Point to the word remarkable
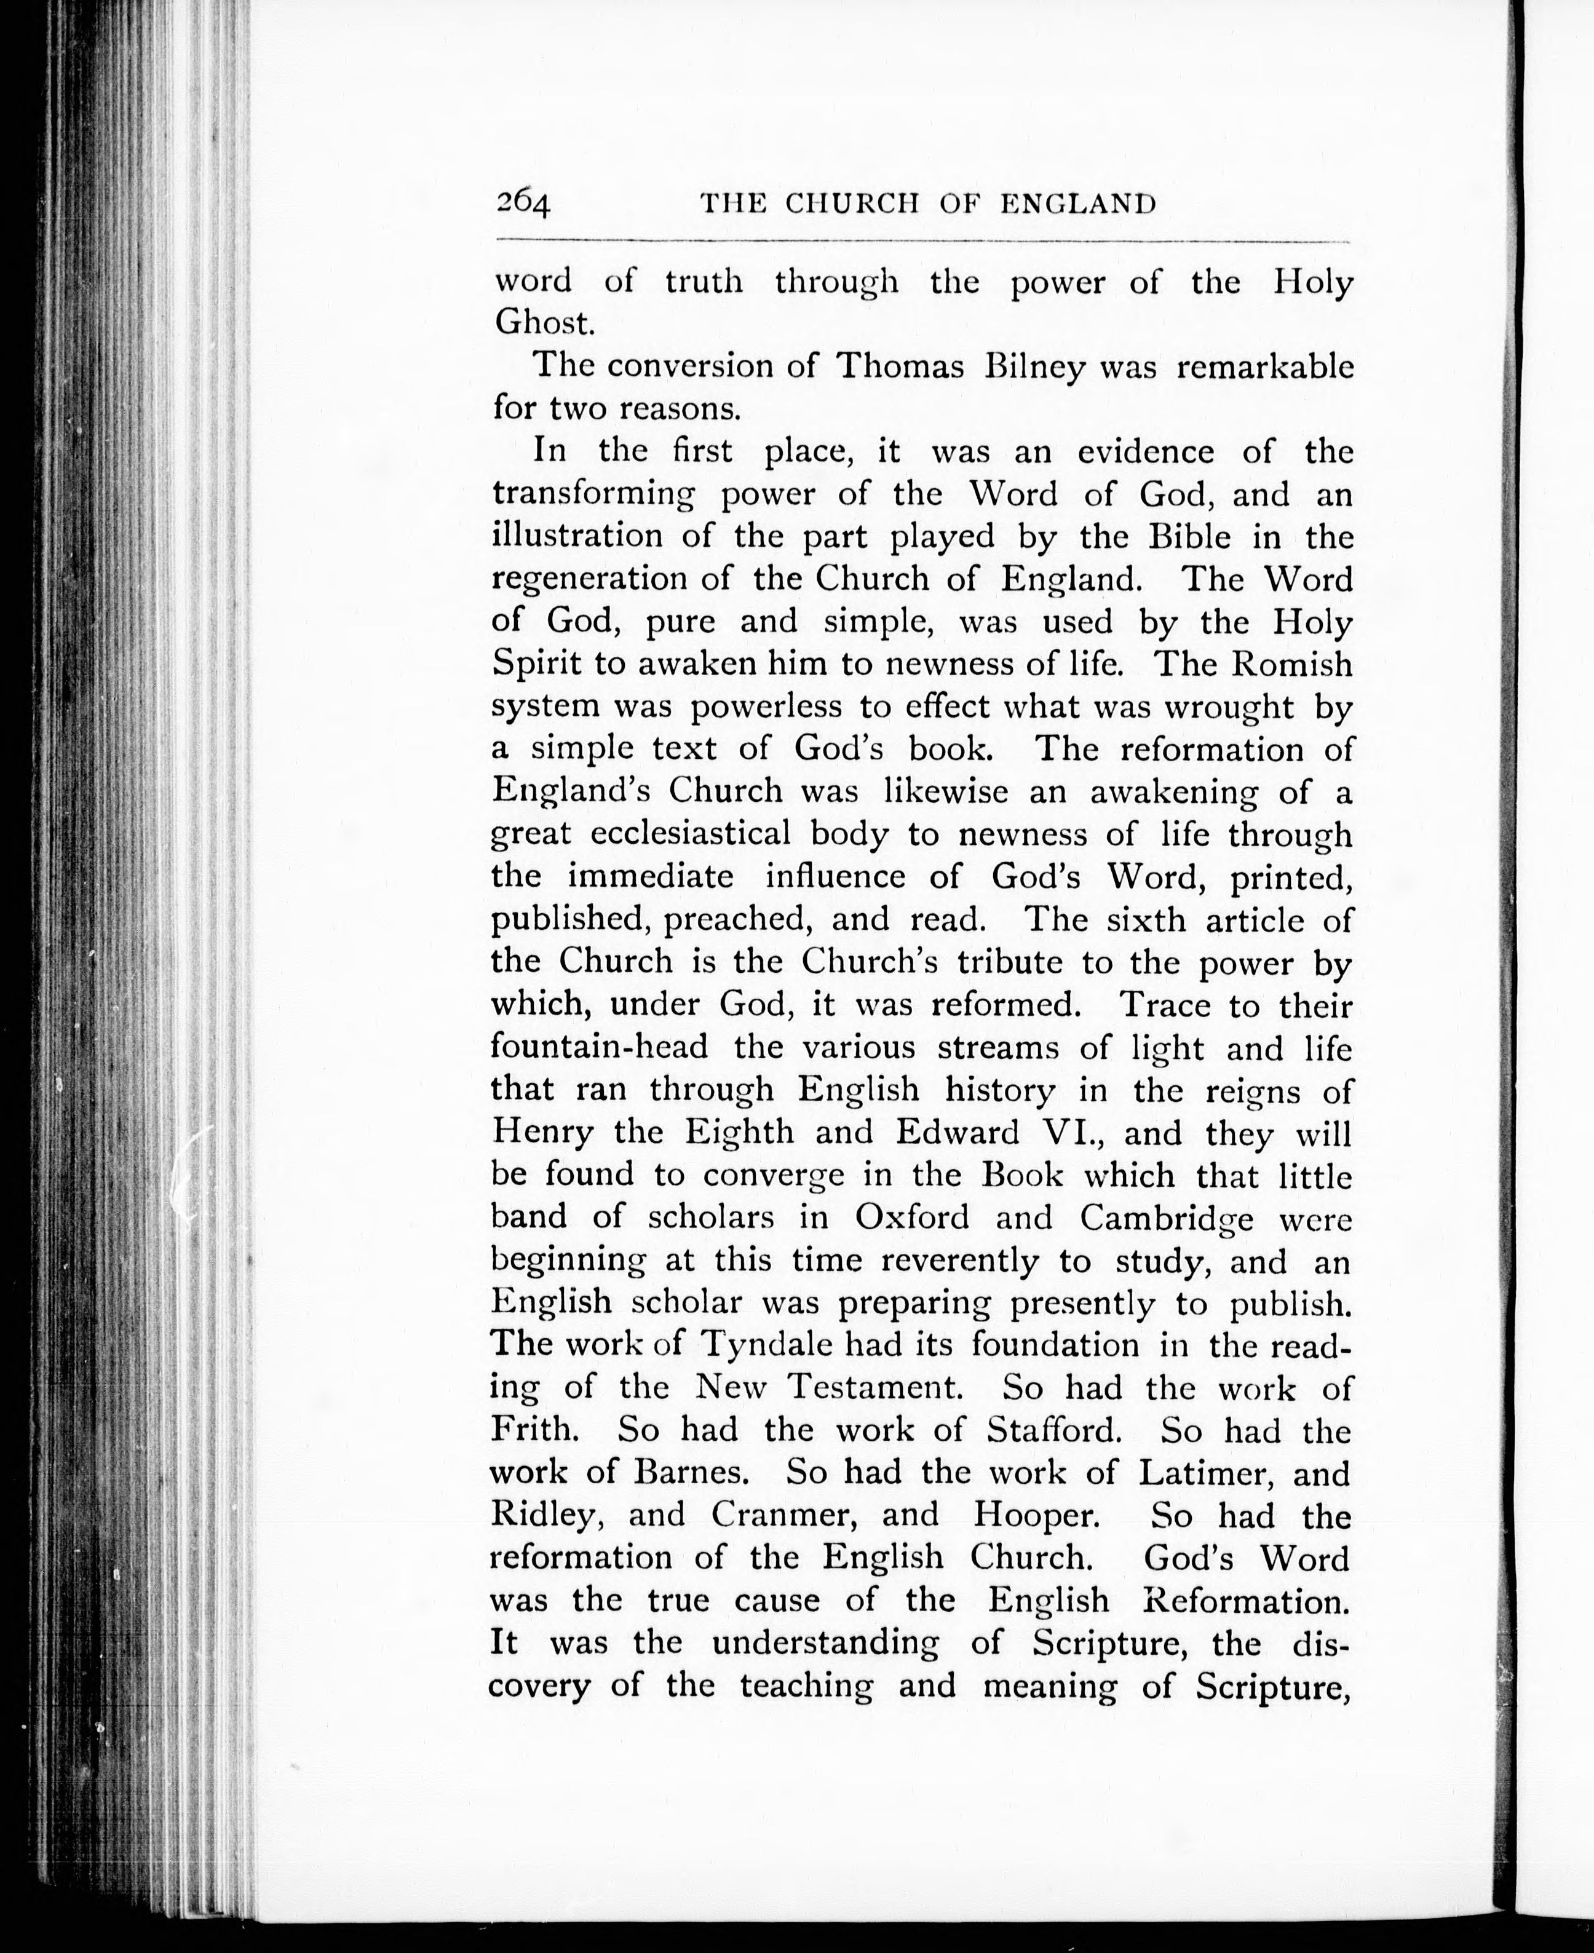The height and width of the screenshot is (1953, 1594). (1264, 366)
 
